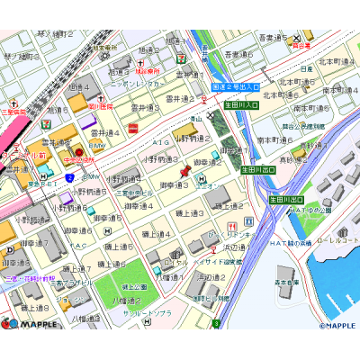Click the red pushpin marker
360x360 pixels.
[186, 168]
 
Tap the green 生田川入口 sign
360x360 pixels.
[241, 106]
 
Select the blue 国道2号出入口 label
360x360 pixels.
[236, 87]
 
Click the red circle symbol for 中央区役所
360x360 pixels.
[78, 150]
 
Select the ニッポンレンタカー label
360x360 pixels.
[135, 84]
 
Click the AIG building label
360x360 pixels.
[161, 141]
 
